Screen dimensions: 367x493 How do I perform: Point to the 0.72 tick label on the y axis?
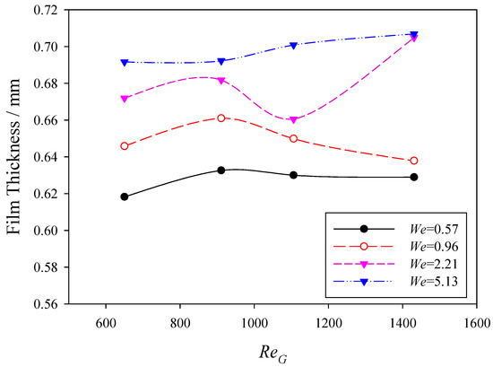point(41,10)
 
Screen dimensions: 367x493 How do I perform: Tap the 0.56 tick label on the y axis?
point(41,304)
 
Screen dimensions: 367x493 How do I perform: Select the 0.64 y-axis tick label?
point(41,157)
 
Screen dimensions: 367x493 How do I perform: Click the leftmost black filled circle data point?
point(125,197)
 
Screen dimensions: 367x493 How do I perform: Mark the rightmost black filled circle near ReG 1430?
point(414,177)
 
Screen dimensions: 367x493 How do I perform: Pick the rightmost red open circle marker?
point(414,161)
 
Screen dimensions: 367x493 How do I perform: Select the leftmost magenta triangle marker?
point(125,99)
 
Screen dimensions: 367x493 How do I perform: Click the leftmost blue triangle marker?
point(125,62)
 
